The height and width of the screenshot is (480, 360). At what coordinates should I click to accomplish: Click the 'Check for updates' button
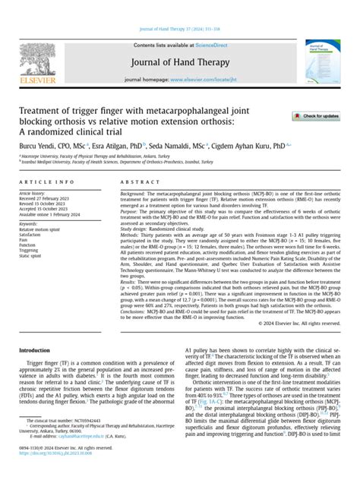pyautogui.click(x=316, y=115)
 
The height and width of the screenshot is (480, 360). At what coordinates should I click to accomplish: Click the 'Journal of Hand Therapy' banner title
pyautogui.click(x=179, y=43)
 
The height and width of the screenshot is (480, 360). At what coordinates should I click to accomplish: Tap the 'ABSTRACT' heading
pyautogui.click(x=137, y=182)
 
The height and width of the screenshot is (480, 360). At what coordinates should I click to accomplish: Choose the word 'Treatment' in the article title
pyautogui.click(x=40, y=109)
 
